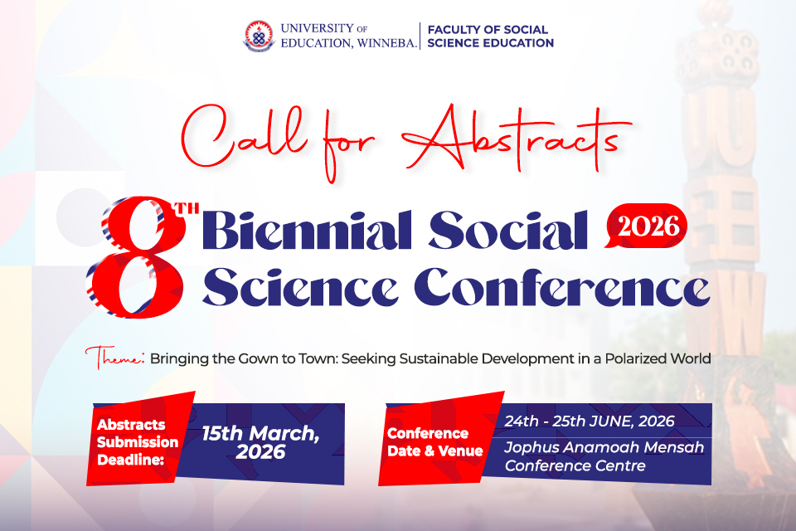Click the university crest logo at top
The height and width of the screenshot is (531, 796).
258,36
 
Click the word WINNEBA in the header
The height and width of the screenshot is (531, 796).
383,43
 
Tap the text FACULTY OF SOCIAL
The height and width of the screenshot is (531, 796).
488,29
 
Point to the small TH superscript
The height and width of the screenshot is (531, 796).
190,208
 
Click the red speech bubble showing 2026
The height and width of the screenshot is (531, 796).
647,226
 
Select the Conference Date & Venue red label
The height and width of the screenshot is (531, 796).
434,442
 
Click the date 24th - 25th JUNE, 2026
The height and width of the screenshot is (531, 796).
590,421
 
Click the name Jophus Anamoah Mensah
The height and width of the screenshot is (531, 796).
604,448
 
